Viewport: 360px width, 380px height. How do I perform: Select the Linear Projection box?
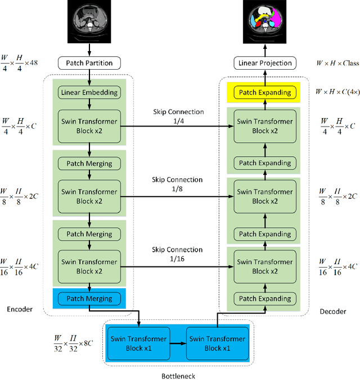(x=265, y=64)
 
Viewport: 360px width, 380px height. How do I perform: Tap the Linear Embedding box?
(x=89, y=92)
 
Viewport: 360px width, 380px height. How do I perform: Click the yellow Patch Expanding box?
(x=265, y=92)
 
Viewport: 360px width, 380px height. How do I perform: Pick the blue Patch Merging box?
(x=89, y=298)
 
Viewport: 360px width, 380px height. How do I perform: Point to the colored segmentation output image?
(x=264, y=22)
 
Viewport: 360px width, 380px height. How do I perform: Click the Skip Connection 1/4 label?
(x=178, y=116)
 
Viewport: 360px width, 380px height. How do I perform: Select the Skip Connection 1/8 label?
(x=178, y=185)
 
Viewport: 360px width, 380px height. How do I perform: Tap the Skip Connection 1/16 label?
(x=178, y=254)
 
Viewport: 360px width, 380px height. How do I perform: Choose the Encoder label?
(x=20, y=309)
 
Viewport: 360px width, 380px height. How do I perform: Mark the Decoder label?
(x=333, y=311)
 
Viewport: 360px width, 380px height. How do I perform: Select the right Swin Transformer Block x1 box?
(x=217, y=343)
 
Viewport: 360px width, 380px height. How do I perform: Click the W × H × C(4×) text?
(x=336, y=92)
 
